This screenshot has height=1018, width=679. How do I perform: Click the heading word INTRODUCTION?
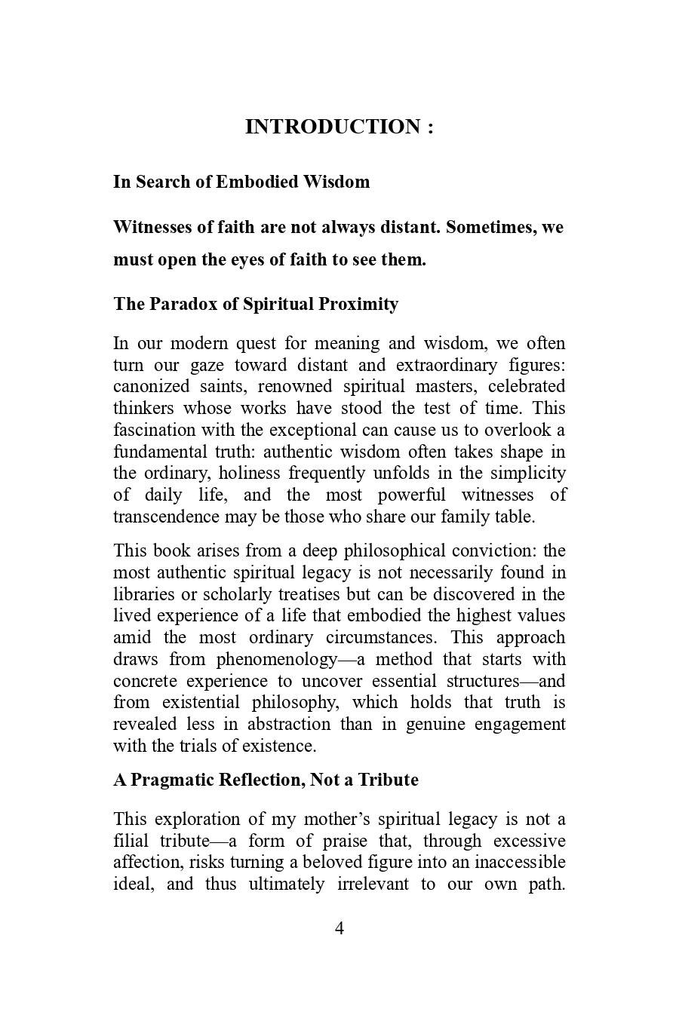[x=333, y=127]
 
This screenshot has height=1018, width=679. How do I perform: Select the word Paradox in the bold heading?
[x=180, y=304]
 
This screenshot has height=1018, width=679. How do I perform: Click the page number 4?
[x=339, y=928]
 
